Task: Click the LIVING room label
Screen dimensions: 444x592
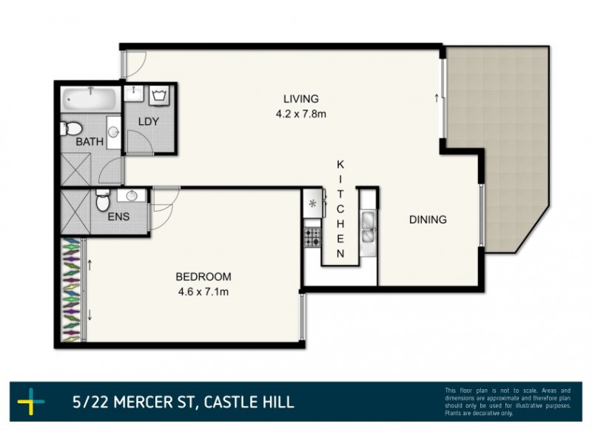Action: tap(300, 99)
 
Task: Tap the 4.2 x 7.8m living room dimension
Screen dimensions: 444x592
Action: tap(300, 114)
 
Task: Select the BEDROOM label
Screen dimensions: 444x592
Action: tap(203, 277)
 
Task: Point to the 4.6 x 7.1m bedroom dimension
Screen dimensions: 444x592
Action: tap(203, 292)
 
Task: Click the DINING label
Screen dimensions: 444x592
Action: tap(428, 220)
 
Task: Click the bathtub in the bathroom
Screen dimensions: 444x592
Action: tap(90, 98)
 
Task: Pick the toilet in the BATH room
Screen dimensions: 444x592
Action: tap(67, 125)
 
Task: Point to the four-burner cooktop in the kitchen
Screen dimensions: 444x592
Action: tap(312, 238)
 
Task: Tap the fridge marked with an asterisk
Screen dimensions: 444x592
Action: tap(312, 202)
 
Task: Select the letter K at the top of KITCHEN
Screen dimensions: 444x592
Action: tap(340, 164)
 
